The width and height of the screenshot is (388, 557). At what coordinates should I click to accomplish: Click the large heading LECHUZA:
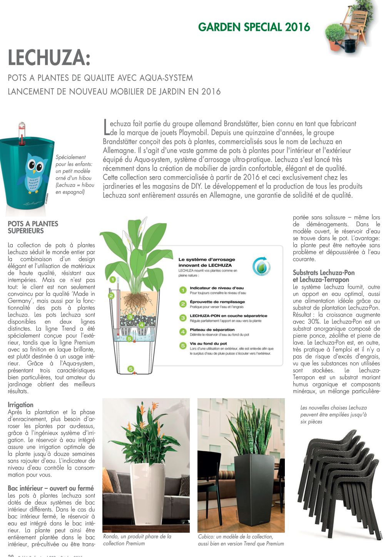coord(49,58)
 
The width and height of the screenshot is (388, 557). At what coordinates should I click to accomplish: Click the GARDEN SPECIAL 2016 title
coord(254,27)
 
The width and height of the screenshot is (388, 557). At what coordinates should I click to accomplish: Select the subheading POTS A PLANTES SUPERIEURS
coord(33,227)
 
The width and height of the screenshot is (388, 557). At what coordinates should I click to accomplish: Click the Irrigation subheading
coord(20,405)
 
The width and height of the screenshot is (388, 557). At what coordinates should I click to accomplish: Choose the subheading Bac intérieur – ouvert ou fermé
coord(51,488)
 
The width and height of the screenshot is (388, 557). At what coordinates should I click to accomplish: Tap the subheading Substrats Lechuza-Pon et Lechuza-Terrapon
coord(324,276)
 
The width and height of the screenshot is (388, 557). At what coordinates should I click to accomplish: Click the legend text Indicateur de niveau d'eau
coord(217,288)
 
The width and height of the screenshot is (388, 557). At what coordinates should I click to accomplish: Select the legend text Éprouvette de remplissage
coord(217,302)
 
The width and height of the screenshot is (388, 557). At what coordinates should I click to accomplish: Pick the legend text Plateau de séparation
coord(212,330)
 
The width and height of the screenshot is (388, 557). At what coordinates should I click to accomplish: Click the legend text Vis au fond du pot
coord(208,343)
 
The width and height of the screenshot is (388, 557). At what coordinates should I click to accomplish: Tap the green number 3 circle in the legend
coord(183,318)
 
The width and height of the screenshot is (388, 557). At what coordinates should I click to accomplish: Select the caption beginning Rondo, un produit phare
coord(137,540)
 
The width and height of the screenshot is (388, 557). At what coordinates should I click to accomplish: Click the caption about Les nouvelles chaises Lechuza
coord(333,414)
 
